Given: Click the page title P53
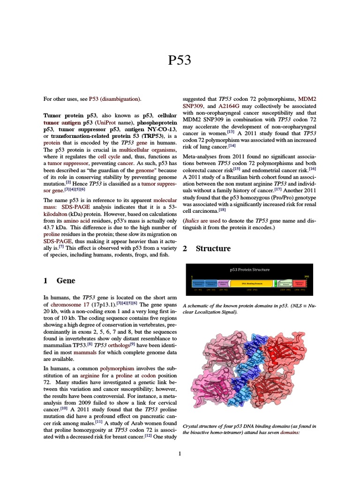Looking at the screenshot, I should tap(180, 60).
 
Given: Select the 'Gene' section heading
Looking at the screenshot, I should tap(66, 281).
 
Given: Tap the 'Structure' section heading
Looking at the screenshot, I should tap(213, 248).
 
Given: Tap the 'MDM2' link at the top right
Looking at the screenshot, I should tap(307, 99).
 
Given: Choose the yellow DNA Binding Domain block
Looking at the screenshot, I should tap(252, 284).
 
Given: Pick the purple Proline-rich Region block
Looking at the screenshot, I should tap(223, 284).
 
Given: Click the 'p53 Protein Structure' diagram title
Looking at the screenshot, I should tap(249, 270).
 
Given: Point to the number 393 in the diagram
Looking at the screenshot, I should tap(307, 277).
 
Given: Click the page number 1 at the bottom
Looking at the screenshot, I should tap(180, 453).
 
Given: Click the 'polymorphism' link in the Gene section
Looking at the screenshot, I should tap(120, 368).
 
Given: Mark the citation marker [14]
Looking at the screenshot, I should tap(232, 146).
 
